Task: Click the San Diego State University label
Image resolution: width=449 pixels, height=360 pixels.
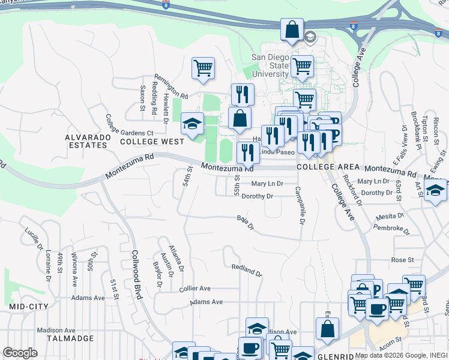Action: coord(270,65)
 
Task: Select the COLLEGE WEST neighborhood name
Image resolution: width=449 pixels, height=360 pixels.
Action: coord(152,142)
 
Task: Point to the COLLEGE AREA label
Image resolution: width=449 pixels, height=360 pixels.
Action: coord(328,167)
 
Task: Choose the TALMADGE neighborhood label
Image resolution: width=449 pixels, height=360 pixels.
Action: coord(71,338)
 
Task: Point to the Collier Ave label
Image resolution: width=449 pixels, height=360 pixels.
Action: coord(195,289)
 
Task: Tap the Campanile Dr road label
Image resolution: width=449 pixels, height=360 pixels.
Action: coord(300,204)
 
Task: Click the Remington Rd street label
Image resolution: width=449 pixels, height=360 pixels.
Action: coord(171,86)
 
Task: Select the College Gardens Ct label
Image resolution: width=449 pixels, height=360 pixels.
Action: coord(129,125)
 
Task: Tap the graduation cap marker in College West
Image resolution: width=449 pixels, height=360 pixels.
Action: coord(193,124)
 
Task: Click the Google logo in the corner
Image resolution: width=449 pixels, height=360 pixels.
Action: coord(20,353)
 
